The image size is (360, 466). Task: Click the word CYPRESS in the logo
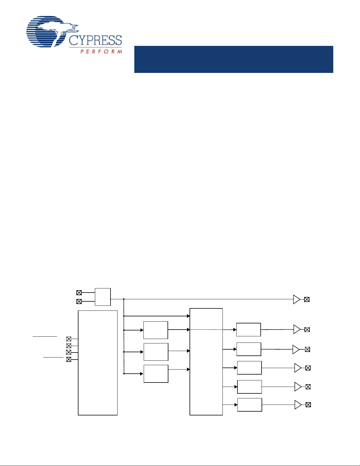(x=95, y=40)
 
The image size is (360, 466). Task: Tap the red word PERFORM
(x=101, y=51)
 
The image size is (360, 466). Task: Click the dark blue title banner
(x=234, y=59)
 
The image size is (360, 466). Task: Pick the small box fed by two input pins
(x=103, y=297)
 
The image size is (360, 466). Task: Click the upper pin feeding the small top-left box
(x=79, y=293)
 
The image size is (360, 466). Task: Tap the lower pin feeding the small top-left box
(x=79, y=302)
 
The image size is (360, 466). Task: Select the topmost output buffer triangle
(x=297, y=299)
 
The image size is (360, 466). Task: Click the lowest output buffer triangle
(x=298, y=405)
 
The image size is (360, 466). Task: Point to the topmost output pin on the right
(x=307, y=299)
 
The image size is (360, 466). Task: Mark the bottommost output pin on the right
(x=308, y=405)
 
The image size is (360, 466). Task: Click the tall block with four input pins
(x=98, y=363)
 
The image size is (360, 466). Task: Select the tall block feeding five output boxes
(x=206, y=362)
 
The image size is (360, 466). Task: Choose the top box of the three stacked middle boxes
(x=155, y=330)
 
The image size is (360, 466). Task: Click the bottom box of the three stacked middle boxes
(x=156, y=374)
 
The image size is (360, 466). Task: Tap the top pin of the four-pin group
(x=68, y=339)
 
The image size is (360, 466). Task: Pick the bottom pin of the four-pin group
(x=68, y=359)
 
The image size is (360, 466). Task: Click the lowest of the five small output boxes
(x=250, y=405)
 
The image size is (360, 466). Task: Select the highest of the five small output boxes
(x=249, y=330)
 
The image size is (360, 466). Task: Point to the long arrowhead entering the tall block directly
(x=188, y=316)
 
